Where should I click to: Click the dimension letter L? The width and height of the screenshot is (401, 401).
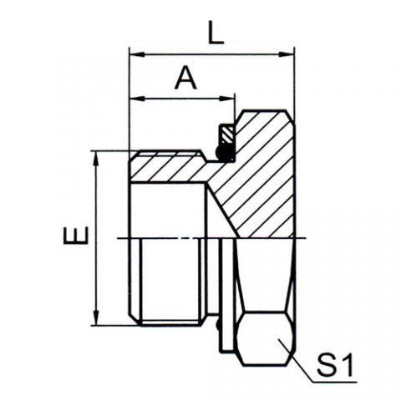216,34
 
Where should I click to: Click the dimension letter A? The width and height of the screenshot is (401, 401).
185,79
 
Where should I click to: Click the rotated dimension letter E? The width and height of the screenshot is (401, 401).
76,236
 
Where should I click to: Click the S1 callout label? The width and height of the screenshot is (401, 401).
335,365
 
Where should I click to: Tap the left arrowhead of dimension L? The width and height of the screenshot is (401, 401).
138,54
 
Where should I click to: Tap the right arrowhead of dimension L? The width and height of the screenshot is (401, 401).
287,54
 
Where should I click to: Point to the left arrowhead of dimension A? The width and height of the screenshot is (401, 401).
138,99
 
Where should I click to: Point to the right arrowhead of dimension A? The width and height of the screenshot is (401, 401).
226,99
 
